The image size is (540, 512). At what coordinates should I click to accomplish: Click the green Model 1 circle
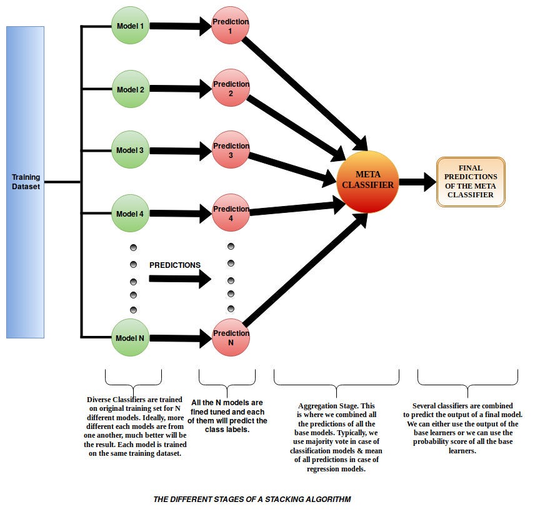pyautogui.click(x=130, y=26)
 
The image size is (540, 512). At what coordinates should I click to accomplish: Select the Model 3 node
pyautogui.click(x=130, y=150)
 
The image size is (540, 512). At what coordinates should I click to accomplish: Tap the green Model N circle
pyautogui.click(x=130, y=338)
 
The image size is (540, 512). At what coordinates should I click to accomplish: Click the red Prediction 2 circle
pyautogui.click(x=230, y=89)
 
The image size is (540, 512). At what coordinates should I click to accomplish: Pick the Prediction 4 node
pyautogui.click(x=230, y=214)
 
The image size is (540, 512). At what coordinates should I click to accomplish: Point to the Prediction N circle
pyautogui.click(x=230, y=338)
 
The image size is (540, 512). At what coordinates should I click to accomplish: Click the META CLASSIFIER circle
pyautogui.click(x=367, y=181)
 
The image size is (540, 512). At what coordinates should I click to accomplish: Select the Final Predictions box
pyautogui.click(x=470, y=182)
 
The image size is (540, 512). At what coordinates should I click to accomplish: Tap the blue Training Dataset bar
pyautogui.click(x=25, y=182)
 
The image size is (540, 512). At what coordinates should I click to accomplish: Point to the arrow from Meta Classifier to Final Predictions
pyautogui.click(x=417, y=182)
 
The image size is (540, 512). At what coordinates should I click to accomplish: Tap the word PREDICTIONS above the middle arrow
pyautogui.click(x=175, y=265)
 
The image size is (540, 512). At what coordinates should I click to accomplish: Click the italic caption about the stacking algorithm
pyautogui.click(x=252, y=499)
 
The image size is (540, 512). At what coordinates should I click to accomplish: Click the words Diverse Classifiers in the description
pyautogui.click(x=116, y=400)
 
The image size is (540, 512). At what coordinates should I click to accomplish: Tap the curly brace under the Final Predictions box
pyautogui.click(x=467, y=378)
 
